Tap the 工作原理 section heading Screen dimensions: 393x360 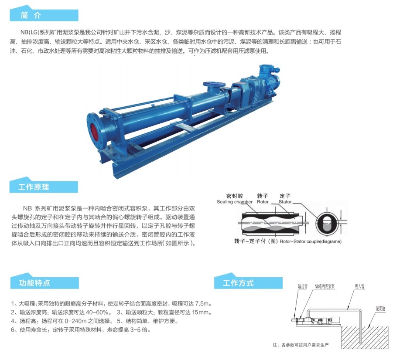pyautogui.click(x=34, y=187)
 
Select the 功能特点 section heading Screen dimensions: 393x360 pyautogui.click(x=34, y=283)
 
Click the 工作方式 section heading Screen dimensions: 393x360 pyautogui.click(x=238, y=283)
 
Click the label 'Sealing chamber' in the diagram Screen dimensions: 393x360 pyautogui.click(x=235, y=202)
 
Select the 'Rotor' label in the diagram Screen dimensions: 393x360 pyautogui.click(x=263, y=202)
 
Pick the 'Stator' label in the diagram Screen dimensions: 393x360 pyautogui.click(x=285, y=202)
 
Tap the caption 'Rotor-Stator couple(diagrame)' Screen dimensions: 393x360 pyautogui.click(x=311, y=241)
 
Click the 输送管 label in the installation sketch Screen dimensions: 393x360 pyautogui.click(x=303, y=286)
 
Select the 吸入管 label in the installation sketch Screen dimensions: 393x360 pyautogui.click(x=360, y=286)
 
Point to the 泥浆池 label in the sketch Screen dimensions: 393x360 pyautogui.click(x=380, y=309)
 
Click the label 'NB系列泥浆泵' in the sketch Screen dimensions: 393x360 pyautogui.click(x=325, y=286)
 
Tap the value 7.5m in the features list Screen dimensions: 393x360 pyautogui.click(x=202, y=304)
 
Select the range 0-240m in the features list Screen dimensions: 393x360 pyautogui.click(x=75, y=321)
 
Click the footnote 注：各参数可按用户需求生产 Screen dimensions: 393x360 pyautogui.click(x=301, y=345)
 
